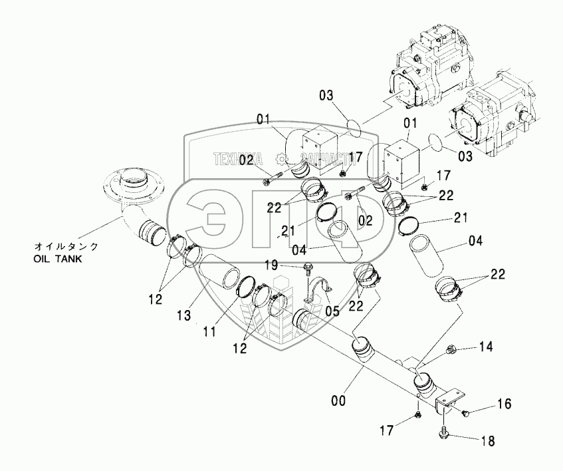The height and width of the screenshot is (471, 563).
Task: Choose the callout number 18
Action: coord(489,440)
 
